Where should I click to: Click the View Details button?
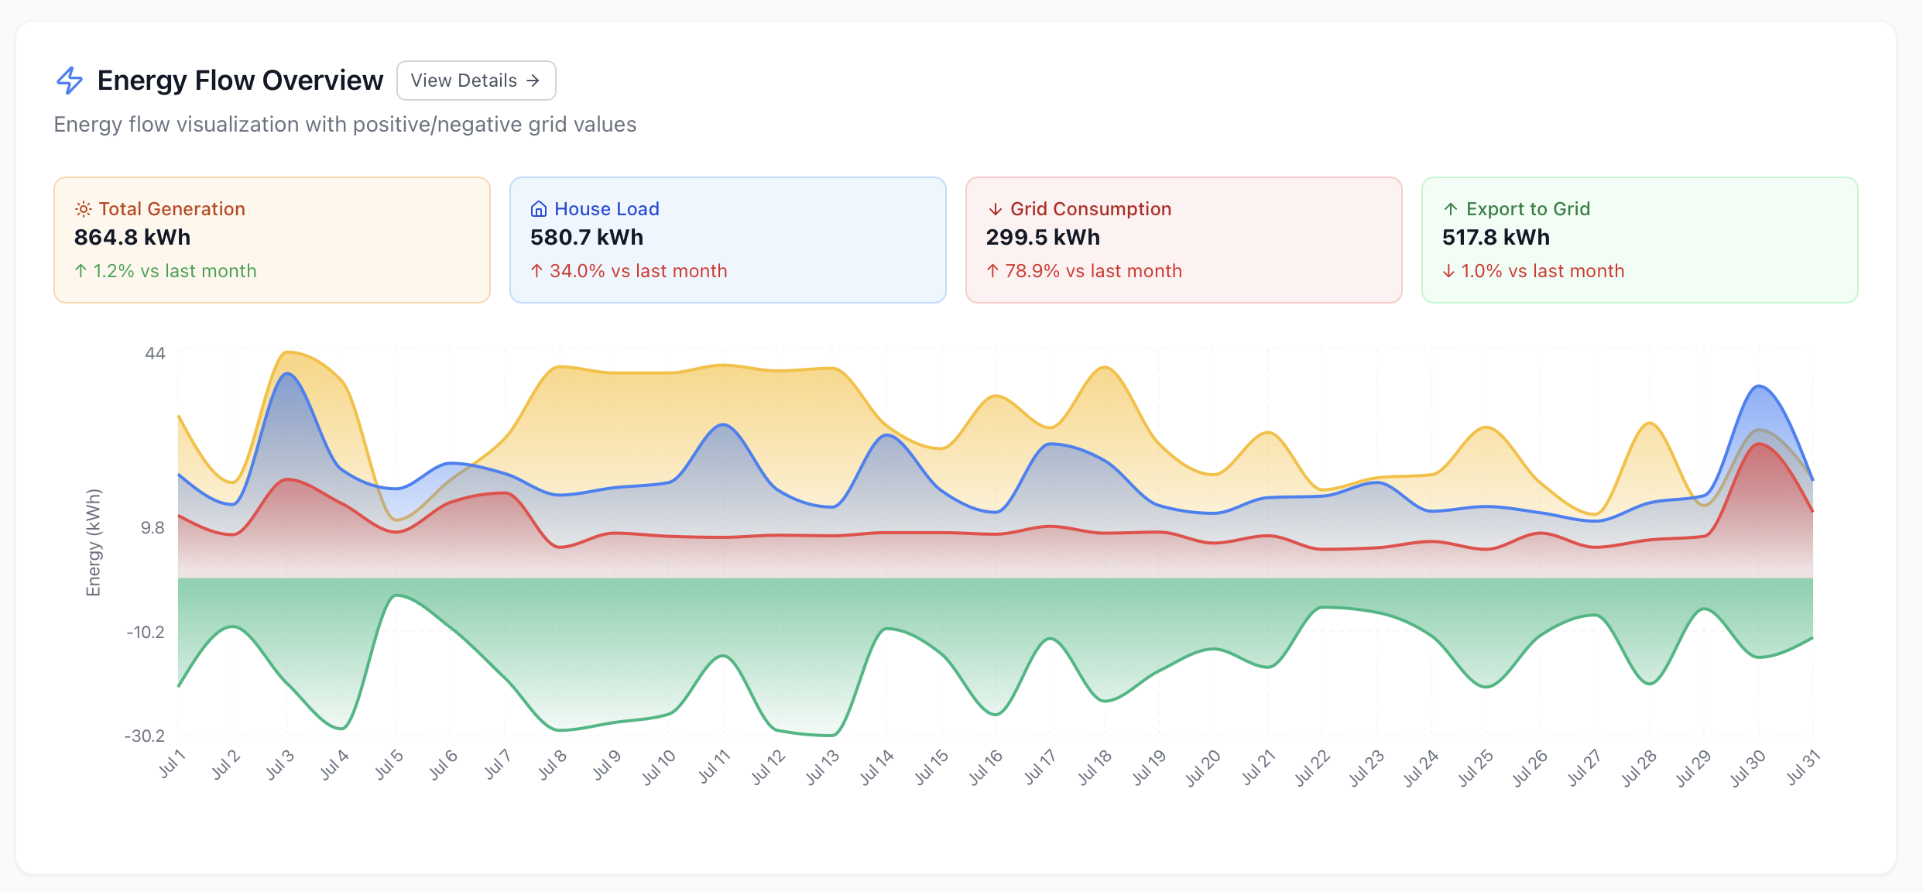pos(475,81)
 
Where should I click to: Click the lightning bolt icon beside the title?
pos(70,81)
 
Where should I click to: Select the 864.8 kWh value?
pos(132,238)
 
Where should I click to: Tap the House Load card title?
pos(606,209)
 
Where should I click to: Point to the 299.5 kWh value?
pos(1042,238)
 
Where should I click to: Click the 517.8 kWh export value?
pos(1495,238)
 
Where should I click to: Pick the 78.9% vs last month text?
pos(1092,271)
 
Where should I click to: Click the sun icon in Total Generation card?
pos(83,209)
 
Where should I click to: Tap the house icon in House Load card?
pos(538,209)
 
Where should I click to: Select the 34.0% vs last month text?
pos(637,271)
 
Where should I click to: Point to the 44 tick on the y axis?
pos(155,354)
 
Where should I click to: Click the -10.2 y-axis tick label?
pos(146,632)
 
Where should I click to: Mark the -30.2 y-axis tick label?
pos(145,736)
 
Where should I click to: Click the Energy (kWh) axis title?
pos(93,542)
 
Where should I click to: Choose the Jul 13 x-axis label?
pos(822,767)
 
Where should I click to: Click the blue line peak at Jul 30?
pos(1759,386)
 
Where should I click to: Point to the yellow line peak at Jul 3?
pos(287,352)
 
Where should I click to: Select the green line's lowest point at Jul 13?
pos(831,735)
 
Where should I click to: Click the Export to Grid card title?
pos(1527,209)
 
